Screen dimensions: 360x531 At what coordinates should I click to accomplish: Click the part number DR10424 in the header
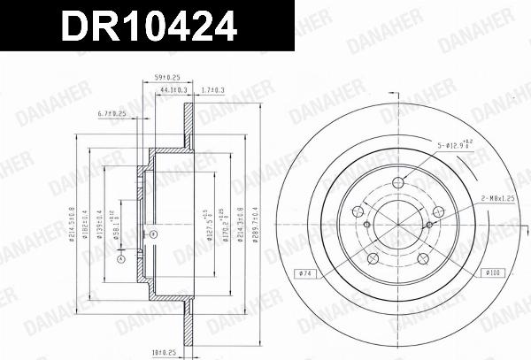coord(148,27)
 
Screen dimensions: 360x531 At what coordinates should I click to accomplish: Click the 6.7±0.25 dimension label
coord(112,114)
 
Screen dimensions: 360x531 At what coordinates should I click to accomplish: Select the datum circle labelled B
coord(152,234)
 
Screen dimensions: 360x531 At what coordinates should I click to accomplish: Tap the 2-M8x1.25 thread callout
coord(498,200)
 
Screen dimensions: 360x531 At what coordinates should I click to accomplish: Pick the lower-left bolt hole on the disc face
coord(372,257)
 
